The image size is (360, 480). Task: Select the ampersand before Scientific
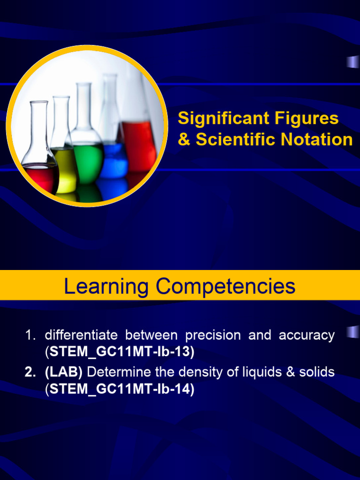click(184, 140)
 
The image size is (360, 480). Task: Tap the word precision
click(213, 335)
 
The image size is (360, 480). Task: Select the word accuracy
click(307, 335)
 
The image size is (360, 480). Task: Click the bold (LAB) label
click(64, 372)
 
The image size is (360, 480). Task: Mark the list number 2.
click(30, 372)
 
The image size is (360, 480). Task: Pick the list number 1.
click(30, 335)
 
